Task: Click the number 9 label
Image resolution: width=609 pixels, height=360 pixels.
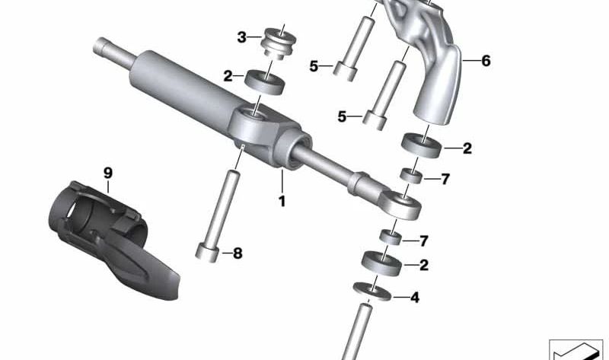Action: click(107, 173)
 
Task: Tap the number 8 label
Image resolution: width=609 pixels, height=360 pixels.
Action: click(238, 253)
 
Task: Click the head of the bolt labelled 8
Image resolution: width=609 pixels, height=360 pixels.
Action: click(207, 252)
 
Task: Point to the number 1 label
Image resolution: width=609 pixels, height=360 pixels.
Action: click(282, 201)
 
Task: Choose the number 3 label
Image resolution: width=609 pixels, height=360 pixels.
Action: click(241, 37)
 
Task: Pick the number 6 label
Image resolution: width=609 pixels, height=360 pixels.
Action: click(486, 61)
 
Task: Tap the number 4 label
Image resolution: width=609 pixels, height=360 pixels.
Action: click(415, 298)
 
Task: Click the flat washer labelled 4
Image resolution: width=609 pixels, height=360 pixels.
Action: click(372, 291)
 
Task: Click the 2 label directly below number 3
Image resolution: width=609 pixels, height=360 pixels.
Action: click(228, 76)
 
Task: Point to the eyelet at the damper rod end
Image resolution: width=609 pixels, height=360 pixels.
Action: click(402, 205)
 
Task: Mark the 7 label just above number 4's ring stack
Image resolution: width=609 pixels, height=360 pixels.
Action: click(424, 241)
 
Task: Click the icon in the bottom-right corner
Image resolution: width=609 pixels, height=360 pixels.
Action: click(576, 349)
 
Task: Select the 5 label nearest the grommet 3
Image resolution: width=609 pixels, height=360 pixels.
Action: click(314, 66)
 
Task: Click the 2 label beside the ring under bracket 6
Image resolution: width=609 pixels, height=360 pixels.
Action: click(467, 148)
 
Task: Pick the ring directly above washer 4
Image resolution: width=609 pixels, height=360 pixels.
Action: click(382, 263)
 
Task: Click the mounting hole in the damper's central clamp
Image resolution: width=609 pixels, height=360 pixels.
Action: click(254, 114)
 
